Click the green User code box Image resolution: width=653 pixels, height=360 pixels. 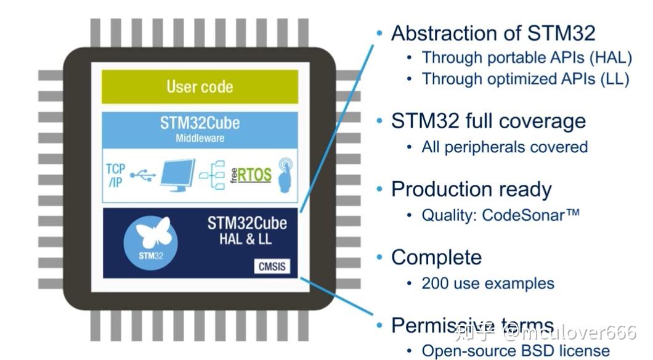(200, 86)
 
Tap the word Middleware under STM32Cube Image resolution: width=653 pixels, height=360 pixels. (200, 138)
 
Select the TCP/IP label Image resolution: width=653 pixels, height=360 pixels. (115, 176)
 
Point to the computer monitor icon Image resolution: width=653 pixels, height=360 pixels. (177, 175)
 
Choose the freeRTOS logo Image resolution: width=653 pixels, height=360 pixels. (251, 175)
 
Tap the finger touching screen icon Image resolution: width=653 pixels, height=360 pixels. (285, 175)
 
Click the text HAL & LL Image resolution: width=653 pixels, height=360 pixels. (245, 239)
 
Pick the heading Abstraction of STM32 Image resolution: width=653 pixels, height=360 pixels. (493, 33)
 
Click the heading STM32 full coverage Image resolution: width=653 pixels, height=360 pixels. (488, 121)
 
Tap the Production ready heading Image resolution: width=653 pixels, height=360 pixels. (471, 189)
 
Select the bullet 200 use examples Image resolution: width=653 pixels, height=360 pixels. (487, 284)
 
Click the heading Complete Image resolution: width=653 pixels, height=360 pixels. (436, 257)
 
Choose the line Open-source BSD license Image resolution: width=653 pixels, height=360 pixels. (514, 351)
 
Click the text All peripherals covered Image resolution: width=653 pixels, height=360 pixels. (504, 147)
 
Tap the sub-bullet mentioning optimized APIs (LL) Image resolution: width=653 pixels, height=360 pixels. (525, 79)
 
